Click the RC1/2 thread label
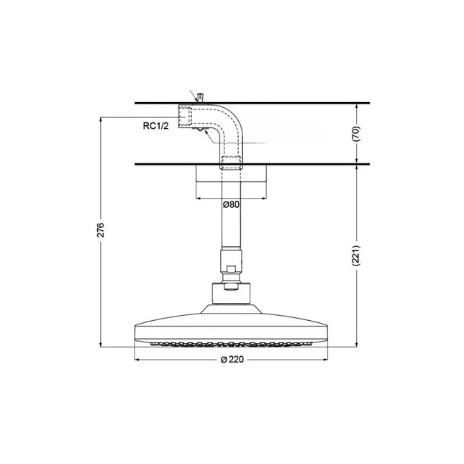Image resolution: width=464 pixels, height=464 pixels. (x=155, y=126)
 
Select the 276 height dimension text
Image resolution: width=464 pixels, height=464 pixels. (x=101, y=229)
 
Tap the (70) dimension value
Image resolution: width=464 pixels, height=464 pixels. (x=356, y=134)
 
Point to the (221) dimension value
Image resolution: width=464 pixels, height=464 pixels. (x=356, y=255)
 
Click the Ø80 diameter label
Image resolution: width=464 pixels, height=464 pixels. (x=231, y=204)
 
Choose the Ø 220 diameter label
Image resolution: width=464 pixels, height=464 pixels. (x=232, y=360)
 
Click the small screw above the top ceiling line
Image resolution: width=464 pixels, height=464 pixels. (x=201, y=97)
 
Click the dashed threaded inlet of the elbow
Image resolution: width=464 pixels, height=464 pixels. (x=186, y=117)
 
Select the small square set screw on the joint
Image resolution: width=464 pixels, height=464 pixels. (x=230, y=270)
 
